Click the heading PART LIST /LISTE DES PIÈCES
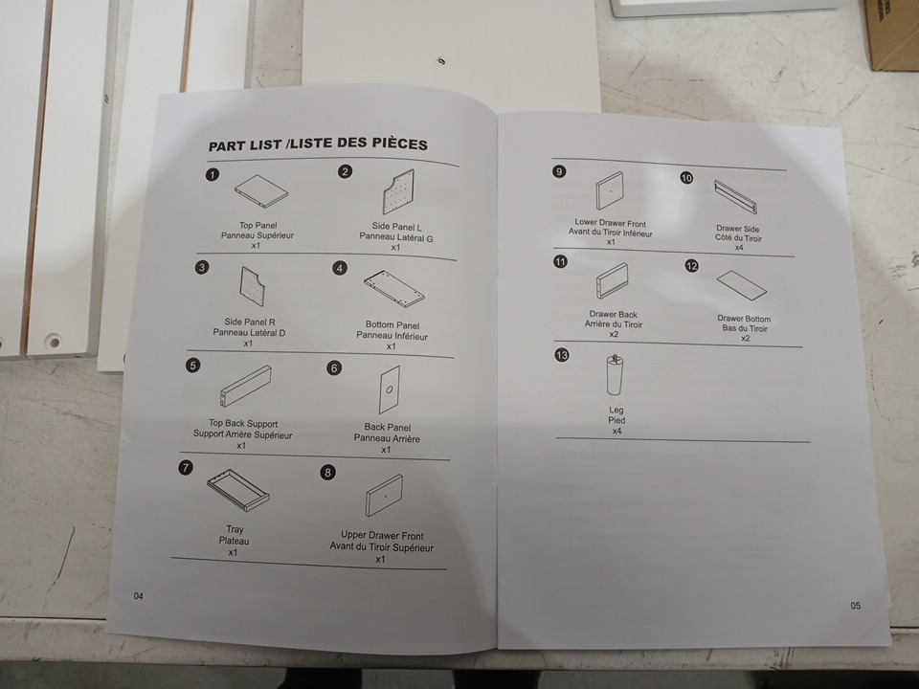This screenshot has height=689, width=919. pos(318,144)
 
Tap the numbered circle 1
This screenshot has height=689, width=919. pos(213,174)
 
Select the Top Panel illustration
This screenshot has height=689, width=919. pos(261,191)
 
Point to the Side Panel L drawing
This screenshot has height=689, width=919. pos(398,192)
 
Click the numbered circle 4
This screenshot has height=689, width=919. pos(340,268)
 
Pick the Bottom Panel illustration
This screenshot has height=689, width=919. pos(393,289)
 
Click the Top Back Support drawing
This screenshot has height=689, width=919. pos(246,386)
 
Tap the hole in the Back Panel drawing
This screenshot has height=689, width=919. pos(390,389)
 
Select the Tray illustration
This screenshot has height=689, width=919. pos(238,490)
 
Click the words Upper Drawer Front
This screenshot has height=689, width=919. pos(382,536)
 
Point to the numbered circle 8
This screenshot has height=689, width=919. pos(327,472)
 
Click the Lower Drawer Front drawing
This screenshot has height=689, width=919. pos(610,190)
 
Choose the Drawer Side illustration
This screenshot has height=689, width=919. pos(735,197)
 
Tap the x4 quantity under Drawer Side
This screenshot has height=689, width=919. pos(739,248)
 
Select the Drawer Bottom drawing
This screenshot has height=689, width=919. pos(742,285)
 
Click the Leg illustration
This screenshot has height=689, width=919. pos(615,375)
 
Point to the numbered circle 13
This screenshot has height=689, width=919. pos(562,355)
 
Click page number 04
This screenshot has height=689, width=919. pos(138,596)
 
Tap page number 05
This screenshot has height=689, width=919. pos(856,606)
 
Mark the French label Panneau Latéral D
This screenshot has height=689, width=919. pos(249,333)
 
